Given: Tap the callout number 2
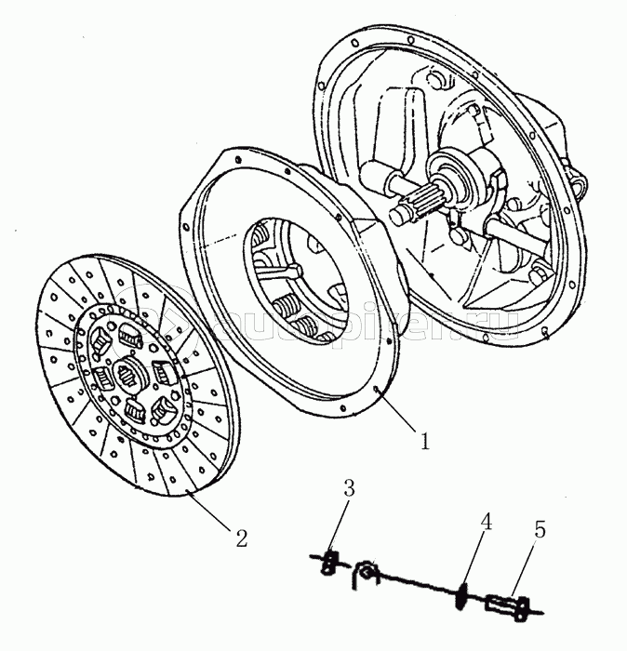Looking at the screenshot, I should coord(240,538).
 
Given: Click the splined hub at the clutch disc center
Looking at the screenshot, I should coord(128,377).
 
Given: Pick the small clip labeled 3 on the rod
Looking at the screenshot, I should coord(328,561).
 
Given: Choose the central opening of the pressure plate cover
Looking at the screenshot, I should coord(293,279).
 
